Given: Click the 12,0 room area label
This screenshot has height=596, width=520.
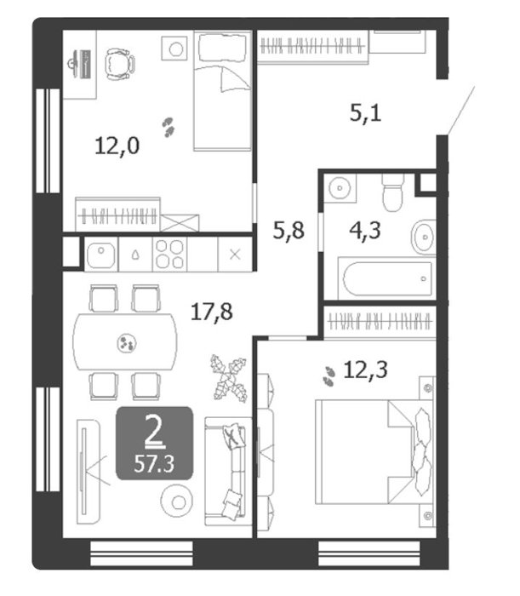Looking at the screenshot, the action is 117,146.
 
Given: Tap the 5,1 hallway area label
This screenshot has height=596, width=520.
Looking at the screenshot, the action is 365,113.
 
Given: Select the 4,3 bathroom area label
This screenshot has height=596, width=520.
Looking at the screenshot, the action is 364,231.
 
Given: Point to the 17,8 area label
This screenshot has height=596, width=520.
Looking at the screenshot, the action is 212,312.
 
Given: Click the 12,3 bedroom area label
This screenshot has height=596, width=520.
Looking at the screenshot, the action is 365,370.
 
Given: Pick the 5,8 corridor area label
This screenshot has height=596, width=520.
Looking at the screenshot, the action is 289,231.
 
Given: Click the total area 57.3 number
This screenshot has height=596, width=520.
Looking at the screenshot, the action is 154,464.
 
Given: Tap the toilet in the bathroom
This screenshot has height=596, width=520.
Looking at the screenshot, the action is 392,192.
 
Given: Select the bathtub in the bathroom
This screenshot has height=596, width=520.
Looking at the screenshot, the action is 386,278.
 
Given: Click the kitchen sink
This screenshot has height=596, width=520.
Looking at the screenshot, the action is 101,255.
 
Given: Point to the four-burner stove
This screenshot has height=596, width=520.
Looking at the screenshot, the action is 170,255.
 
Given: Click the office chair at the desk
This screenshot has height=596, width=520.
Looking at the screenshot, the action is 120,64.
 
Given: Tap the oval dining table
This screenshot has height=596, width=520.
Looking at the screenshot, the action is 125,342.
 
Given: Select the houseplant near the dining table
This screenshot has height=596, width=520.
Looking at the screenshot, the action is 229,378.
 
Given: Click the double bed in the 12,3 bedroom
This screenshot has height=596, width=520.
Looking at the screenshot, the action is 375,452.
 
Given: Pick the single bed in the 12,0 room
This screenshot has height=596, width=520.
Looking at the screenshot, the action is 223,90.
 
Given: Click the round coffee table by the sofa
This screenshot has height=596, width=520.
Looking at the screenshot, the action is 177,501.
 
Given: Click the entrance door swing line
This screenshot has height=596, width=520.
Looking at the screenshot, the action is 461,110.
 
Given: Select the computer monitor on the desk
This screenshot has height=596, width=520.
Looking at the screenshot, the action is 81,64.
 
